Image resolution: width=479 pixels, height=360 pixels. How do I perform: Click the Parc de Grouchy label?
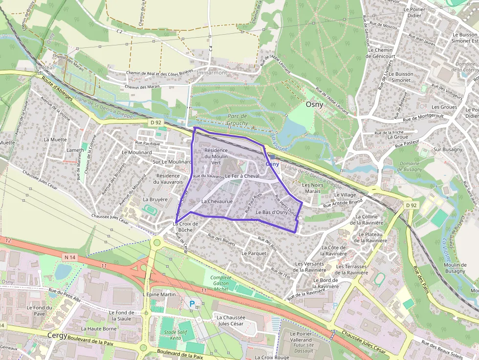tap(238, 120)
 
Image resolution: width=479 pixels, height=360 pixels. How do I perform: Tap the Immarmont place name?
tap(213, 73)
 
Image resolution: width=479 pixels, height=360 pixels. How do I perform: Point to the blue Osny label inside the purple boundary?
tap(272, 165)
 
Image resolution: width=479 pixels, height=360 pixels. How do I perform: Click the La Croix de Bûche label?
tap(185, 227)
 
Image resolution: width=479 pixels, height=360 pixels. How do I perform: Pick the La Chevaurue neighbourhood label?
tap(216, 201)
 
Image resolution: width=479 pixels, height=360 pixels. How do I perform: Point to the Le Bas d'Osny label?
tap(271, 212)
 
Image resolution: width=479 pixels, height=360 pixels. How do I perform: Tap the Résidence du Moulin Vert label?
tap(216, 156)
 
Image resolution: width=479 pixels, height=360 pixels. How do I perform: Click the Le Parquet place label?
tap(254, 254)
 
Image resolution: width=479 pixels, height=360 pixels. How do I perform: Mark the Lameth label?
tap(75, 150)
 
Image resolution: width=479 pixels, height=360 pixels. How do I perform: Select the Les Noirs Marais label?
tap(312, 188)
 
